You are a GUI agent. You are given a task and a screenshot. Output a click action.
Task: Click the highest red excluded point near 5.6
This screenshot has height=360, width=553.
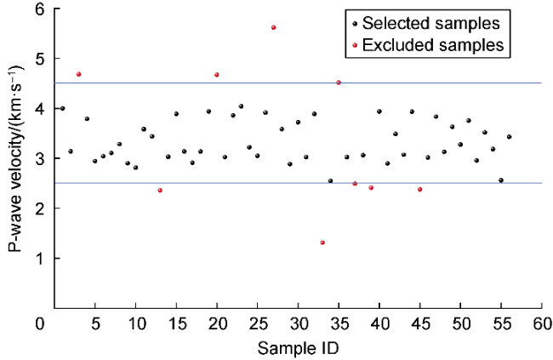point(273,27)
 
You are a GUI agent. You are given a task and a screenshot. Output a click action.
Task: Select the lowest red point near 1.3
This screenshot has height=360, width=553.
point(322,243)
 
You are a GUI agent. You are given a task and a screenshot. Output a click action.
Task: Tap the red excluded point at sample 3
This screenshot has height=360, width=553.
point(78,74)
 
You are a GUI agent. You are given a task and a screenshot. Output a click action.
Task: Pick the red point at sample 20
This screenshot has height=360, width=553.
point(217,75)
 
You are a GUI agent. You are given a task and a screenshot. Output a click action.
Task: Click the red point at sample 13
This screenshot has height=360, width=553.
point(160,190)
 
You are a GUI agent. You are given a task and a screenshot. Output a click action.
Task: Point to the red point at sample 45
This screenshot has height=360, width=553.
point(419,189)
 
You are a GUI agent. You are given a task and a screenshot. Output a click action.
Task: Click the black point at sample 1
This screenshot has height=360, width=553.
point(62,108)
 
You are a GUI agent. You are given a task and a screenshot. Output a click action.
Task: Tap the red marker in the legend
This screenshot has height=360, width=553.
point(353,43)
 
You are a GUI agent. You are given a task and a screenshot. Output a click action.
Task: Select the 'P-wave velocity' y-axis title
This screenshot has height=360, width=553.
point(14,157)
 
